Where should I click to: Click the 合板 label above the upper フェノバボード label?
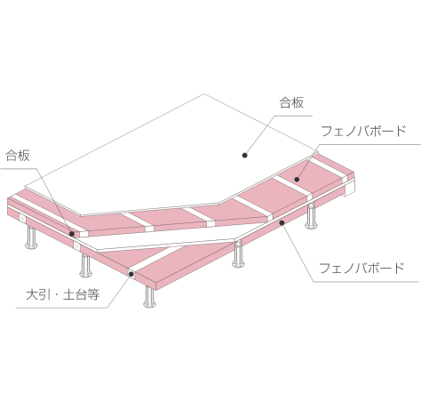[x=291, y=103]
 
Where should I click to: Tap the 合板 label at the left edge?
[x=18, y=156]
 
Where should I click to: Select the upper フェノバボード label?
[x=363, y=132]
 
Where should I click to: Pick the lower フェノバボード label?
[x=361, y=268]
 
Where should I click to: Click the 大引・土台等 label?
[x=62, y=294]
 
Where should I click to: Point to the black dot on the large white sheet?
[x=244, y=155]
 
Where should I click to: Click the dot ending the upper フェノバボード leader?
[x=297, y=179]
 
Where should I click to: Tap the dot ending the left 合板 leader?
[x=72, y=234]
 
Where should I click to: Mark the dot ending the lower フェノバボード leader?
[x=282, y=222]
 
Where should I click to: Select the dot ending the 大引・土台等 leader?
[x=131, y=274]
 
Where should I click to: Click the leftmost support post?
[x=31, y=237]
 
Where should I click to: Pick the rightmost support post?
[x=311, y=217]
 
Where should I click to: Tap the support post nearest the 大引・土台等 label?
[x=150, y=296]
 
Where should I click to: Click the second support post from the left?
[x=85, y=266]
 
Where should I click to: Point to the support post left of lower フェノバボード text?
[x=238, y=254]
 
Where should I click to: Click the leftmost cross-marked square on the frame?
[x=22, y=219]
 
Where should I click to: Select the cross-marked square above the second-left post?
[x=76, y=246]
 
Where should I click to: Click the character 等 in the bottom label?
[x=93, y=294]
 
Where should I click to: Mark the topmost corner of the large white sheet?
[x=204, y=94]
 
